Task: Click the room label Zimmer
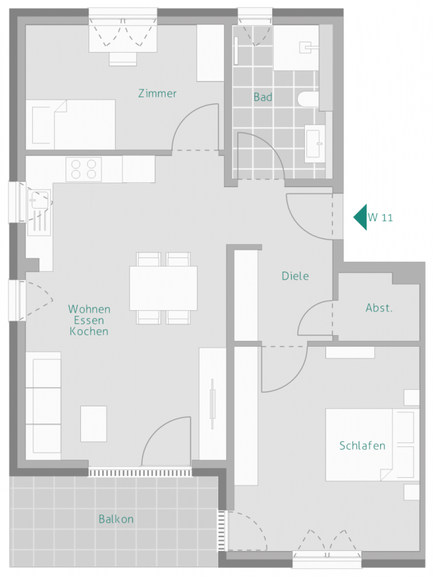157,94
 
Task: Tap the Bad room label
263,98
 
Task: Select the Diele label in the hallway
295,276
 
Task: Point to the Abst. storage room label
379,308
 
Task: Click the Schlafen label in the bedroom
363,446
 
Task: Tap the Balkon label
116,519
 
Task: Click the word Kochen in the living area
89,332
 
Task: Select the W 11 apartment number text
380,218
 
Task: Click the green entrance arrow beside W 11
360,217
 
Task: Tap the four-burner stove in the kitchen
84,169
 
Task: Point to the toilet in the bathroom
308,100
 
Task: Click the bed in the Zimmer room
73,124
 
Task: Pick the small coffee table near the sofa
93,424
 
